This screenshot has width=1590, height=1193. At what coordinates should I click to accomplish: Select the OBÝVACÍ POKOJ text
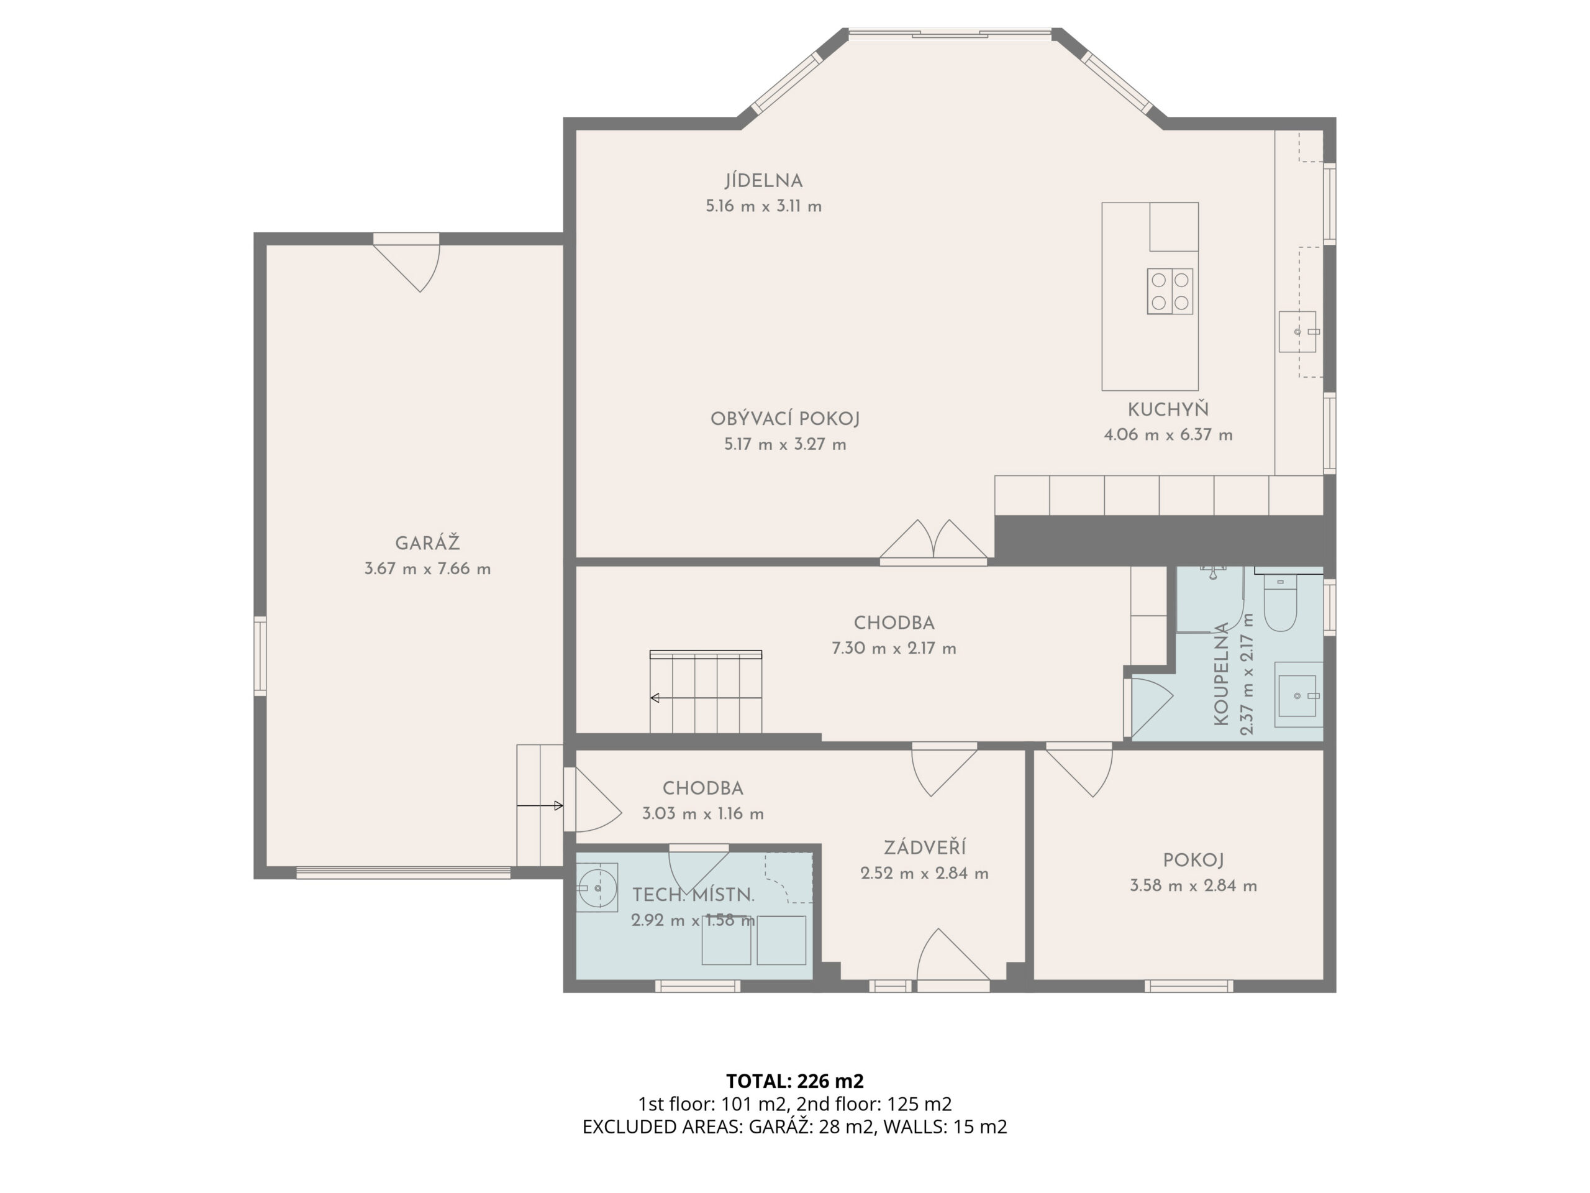785,419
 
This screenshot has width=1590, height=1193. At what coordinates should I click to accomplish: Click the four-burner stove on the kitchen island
1170,291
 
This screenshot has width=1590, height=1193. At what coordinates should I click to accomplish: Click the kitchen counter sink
1297,332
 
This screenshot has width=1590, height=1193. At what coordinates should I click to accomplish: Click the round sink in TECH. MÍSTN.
597,887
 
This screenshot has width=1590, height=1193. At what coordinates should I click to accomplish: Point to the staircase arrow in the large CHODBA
706,698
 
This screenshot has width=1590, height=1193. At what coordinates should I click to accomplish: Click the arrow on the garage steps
540,806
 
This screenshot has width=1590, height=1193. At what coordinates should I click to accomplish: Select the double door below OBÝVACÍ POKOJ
934,541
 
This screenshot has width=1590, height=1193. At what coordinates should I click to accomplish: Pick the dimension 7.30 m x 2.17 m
894,648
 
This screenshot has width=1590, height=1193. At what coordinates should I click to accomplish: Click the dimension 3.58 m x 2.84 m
1193,885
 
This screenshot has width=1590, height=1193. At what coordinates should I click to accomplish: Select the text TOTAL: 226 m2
795,1081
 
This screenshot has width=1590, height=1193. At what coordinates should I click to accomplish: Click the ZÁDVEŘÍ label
924,847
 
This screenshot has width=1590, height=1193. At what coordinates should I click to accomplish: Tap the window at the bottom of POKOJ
1189,986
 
